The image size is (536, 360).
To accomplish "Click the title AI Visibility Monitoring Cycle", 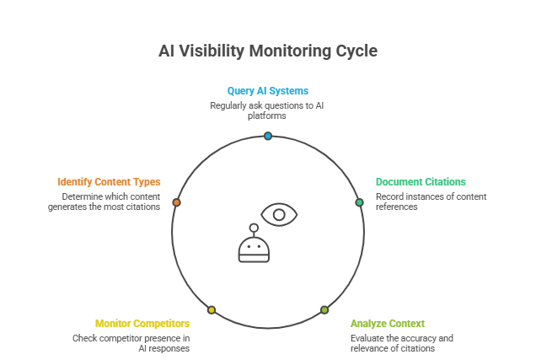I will coord(268,51).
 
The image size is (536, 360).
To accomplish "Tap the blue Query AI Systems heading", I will coord(267,90).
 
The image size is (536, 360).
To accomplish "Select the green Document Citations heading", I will coord(421,181).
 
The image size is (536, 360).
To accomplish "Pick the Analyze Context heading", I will coord(388,323).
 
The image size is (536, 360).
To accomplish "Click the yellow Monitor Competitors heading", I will coord(142,323).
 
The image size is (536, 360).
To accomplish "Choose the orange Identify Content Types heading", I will coord(109,181).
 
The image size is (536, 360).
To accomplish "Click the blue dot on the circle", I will coord(268,136).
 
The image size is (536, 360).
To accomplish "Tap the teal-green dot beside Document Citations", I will coord(359,202).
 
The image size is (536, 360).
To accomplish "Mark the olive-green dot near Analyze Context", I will coord(324,309).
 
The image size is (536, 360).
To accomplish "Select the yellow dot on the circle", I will coord(212,309).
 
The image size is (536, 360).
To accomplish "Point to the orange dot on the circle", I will coord(176,202).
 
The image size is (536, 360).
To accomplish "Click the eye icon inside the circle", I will coord(279,214).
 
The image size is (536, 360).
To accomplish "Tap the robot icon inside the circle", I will coord(252,245).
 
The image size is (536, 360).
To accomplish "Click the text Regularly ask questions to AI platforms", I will coord(267,110).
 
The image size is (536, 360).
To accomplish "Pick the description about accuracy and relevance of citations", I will coord(402,343).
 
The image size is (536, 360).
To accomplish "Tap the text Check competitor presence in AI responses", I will coord(131,343).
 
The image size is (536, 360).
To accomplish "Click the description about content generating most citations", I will coord(105,201).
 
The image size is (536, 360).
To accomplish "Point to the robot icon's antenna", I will coord(252,228).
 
